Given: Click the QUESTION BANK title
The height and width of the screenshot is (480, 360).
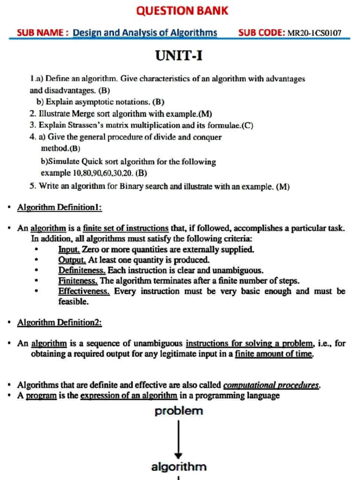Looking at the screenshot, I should tap(182, 10).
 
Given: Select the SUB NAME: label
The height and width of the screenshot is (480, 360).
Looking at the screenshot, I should tap(43, 32).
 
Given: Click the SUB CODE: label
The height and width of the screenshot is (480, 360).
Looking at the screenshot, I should tap(261, 32).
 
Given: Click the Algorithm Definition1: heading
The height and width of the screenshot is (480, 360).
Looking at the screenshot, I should tap(60, 207).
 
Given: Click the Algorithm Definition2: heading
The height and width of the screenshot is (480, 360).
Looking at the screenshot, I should tap(60, 322).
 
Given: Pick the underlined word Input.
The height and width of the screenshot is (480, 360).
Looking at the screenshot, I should tap(69, 249).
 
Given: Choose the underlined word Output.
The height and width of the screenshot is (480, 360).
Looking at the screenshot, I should tap(72, 260).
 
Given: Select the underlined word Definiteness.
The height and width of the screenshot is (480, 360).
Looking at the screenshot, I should tap(82, 270).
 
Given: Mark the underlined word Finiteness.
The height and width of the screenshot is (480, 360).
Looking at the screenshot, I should tap(78, 281).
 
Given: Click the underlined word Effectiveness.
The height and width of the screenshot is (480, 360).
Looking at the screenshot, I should tap(84, 291).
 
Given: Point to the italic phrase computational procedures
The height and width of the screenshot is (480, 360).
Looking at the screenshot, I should tap(271, 385).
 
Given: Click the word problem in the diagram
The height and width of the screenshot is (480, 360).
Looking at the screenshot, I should tap(179, 411).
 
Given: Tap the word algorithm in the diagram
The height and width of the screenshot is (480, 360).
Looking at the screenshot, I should tap(179, 467).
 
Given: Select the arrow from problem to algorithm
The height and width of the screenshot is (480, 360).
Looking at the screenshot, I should tap(179, 438).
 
